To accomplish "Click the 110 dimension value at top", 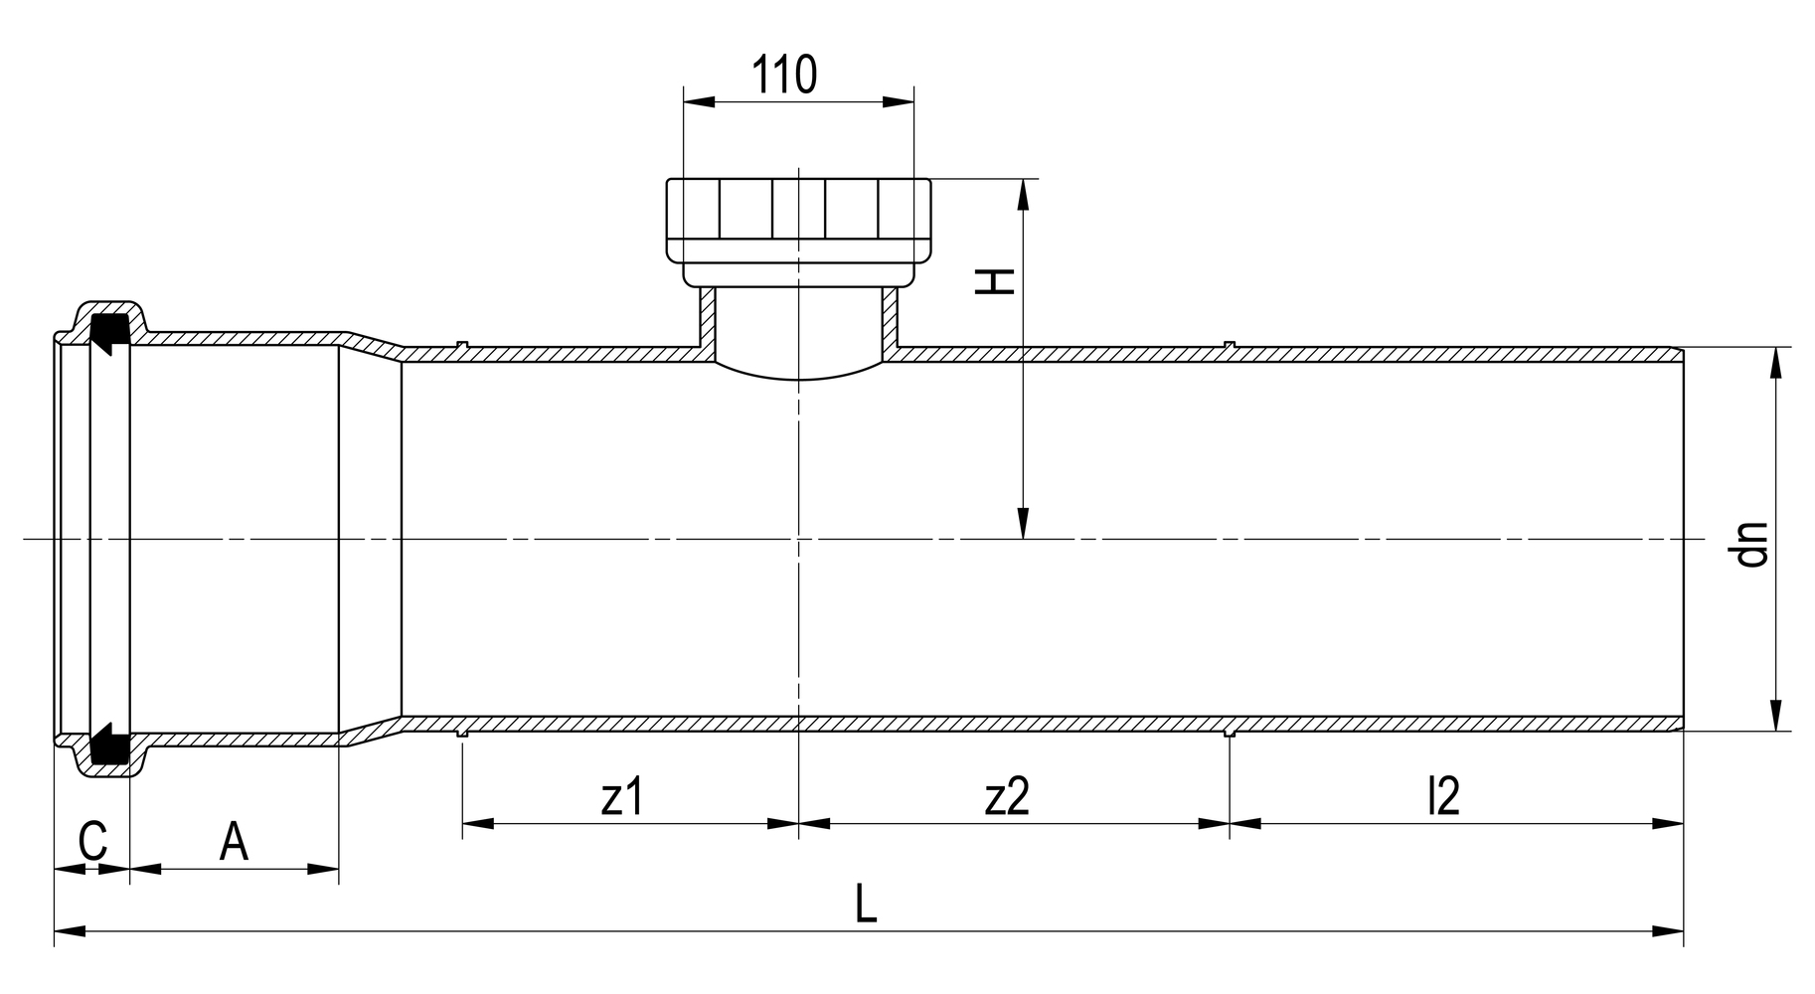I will [x=784, y=75].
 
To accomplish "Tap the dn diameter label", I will [x=1751, y=545].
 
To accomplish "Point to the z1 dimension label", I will [x=623, y=796].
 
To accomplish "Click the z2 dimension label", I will [x=1008, y=796].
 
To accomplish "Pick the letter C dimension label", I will [x=92, y=842].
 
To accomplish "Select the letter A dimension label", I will [x=234, y=842].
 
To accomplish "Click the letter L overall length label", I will [x=866, y=905].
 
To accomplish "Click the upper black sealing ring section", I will [x=108, y=331].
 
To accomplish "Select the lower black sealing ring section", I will [x=108, y=746].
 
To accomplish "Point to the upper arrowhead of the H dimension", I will [x=1023, y=195].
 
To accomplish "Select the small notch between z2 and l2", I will [x=1230, y=734].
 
